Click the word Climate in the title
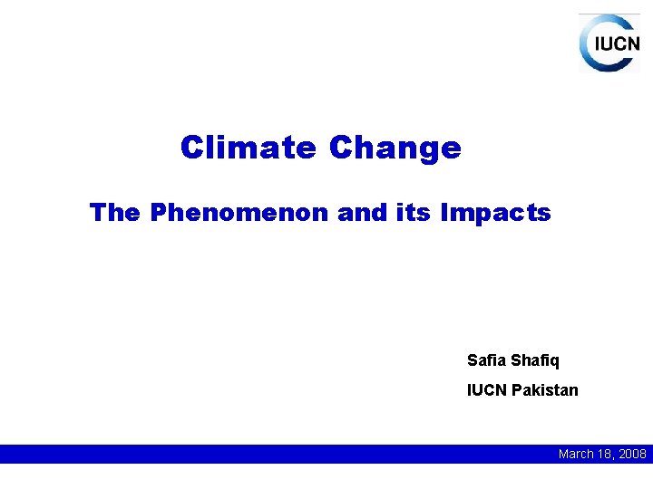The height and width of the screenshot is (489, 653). pyautogui.click(x=249, y=147)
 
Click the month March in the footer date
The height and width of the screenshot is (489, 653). pyautogui.click(x=577, y=454)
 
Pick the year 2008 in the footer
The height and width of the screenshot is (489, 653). pyautogui.click(x=631, y=454)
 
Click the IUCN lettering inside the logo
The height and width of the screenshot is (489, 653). pyautogui.click(x=616, y=43)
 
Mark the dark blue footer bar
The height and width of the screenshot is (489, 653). pyautogui.click(x=272, y=454)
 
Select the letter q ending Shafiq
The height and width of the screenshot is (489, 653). pyautogui.click(x=554, y=361)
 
